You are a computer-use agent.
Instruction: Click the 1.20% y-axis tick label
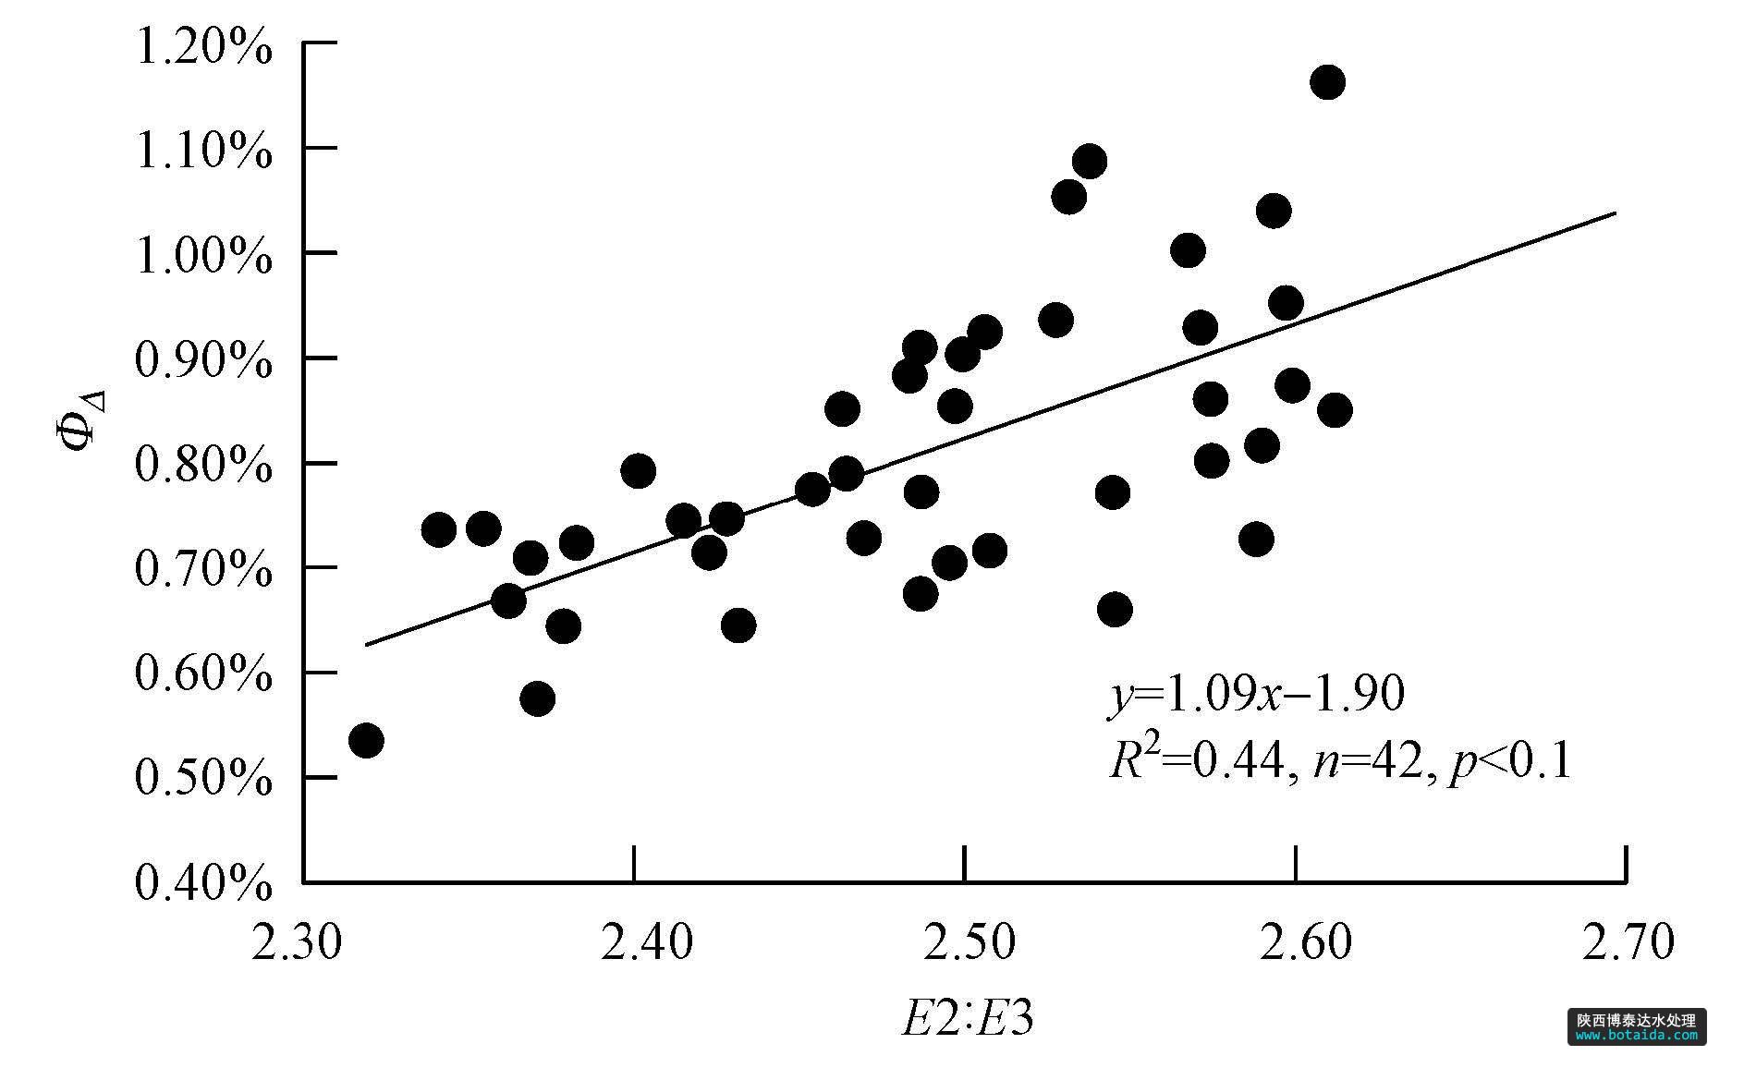[203, 46]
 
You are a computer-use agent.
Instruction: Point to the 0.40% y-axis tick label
[203, 882]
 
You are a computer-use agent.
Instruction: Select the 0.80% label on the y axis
[203, 464]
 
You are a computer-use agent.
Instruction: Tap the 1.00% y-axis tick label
[203, 255]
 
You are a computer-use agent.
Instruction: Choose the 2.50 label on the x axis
[964, 943]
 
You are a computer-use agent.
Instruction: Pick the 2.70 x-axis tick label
[1626, 943]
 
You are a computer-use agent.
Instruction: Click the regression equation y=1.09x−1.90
[1256, 694]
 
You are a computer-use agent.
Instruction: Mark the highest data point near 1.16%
[1327, 82]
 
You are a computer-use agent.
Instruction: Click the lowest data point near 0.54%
[366, 740]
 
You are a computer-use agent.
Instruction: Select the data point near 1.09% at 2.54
[1090, 162]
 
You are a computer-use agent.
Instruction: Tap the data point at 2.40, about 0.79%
[638, 471]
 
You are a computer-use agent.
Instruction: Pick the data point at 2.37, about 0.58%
[537, 698]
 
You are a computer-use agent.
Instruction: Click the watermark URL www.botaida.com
[1637, 1036]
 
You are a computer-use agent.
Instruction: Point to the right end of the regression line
[1615, 213]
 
